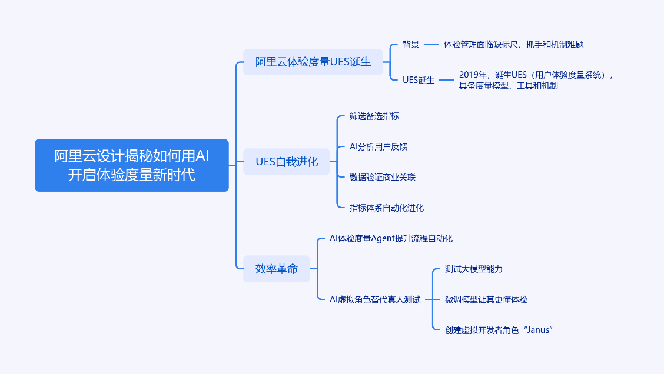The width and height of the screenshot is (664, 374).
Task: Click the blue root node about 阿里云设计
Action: (x=131, y=165)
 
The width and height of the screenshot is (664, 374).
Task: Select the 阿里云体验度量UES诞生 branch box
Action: (x=313, y=62)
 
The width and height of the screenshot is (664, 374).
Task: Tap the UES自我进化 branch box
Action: (x=286, y=162)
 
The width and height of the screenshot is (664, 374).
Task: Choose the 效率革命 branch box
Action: (x=276, y=269)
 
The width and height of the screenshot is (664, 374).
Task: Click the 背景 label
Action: (x=411, y=44)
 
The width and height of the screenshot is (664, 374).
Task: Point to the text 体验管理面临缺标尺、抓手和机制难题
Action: (x=513, y=44)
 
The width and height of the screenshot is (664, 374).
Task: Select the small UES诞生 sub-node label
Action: (x=419, y=80)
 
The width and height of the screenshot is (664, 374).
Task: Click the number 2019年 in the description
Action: (x=473, y=75)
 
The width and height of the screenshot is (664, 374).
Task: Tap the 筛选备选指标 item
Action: (x=374, y=116)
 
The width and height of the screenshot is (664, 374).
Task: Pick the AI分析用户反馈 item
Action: (x=379, y=146)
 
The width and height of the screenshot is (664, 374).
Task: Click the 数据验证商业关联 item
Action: (x=382, y=177)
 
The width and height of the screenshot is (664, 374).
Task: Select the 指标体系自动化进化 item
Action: (x=386, y=208)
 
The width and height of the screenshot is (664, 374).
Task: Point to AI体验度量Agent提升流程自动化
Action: (x=391, y=238)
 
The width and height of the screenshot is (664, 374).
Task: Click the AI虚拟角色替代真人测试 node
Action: (x=375, y=299)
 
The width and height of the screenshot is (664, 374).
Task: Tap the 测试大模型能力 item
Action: (x=473, y=269)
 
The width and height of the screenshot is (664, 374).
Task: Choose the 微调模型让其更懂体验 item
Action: (x=486, y=299)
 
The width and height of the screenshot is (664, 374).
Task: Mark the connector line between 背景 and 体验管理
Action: (x=431, y=44)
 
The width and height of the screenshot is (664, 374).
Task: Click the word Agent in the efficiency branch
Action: (x=386, y=238)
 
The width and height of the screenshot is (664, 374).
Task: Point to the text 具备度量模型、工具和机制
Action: (x=508, y=85)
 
